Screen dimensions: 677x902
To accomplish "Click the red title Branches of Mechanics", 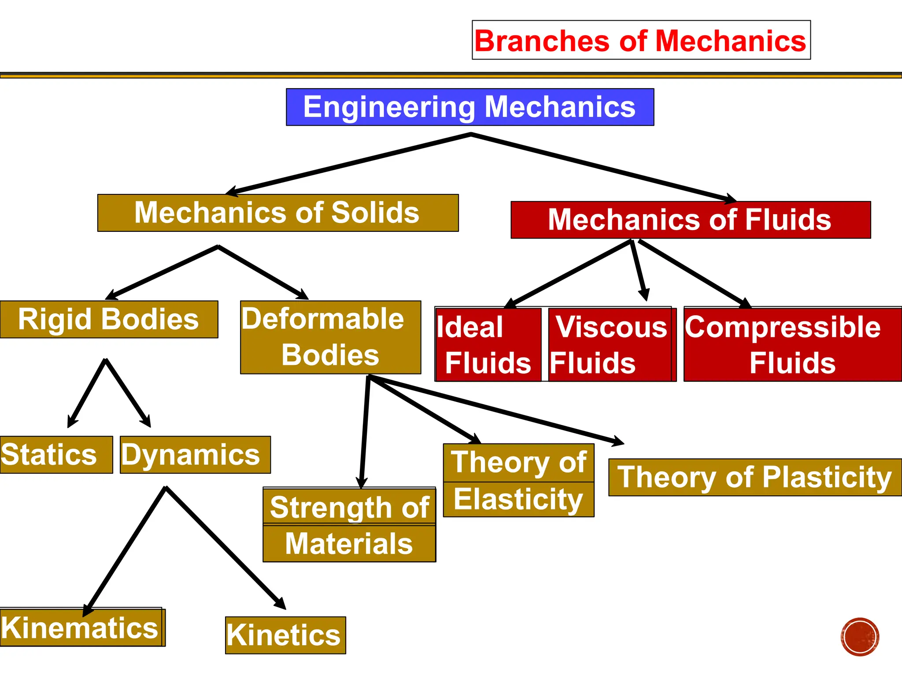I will tap(641, 40).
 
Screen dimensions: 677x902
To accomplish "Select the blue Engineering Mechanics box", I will tap(470, 107).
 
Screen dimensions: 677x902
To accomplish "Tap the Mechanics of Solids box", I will tap(277, 213).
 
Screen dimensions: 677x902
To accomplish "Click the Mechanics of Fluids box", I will tap(690, 220).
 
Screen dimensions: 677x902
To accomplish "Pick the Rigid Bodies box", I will tap(108, 320).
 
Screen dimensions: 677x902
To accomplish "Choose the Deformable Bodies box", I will tap(330, 337).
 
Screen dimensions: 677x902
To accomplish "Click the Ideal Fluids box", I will tap(488, 345).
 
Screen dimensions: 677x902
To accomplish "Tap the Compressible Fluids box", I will tap(792, 345).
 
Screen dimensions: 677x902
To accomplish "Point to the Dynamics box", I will tap(195, 455).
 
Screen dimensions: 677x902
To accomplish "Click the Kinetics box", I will tap(285, 635).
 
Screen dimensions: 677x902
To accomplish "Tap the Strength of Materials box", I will tap(349, 525).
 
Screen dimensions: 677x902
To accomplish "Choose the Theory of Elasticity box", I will tap(518, 480).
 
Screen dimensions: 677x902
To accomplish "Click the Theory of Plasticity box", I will tap(754, 477).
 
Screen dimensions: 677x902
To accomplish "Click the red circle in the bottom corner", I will tap(859, 637).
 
